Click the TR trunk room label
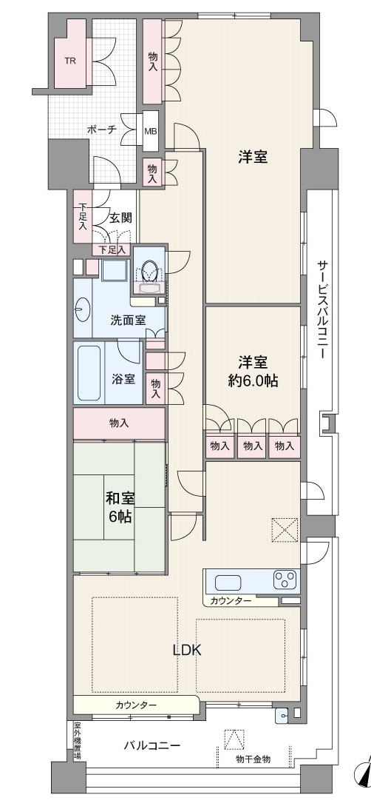click(x=70, y=60)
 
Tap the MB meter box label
click(x=151, y=131)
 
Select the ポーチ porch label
click(x=101, y=130)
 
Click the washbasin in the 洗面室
click(x=83, y=310)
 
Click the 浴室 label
click(x=123, y=379)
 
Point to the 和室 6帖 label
click(x=120, y=508)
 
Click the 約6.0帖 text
click(x=253, y=380)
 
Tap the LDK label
click(x=186, y=651)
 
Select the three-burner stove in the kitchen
click(x=285, y=580)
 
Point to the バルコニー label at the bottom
click(x=152, y=745)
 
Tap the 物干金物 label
click(x=253, y=759)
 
